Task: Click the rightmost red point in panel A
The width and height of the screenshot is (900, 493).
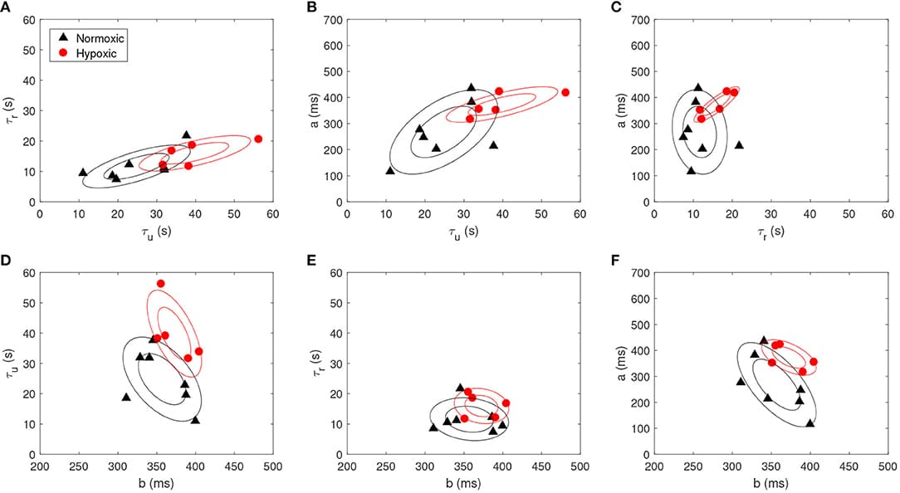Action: tap(257, 139)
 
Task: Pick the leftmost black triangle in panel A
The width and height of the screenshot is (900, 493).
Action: tap(82, 172)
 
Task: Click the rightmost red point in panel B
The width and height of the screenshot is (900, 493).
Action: tap(565, 92)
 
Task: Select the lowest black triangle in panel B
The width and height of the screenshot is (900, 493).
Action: tap(390, 170)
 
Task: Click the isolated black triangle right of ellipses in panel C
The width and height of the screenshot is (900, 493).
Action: tap(739, 144)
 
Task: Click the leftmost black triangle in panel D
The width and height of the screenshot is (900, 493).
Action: tap(126, 397)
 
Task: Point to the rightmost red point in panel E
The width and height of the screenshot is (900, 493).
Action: tap(506, 403)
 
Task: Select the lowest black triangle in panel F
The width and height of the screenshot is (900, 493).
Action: tap(810, 422)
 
